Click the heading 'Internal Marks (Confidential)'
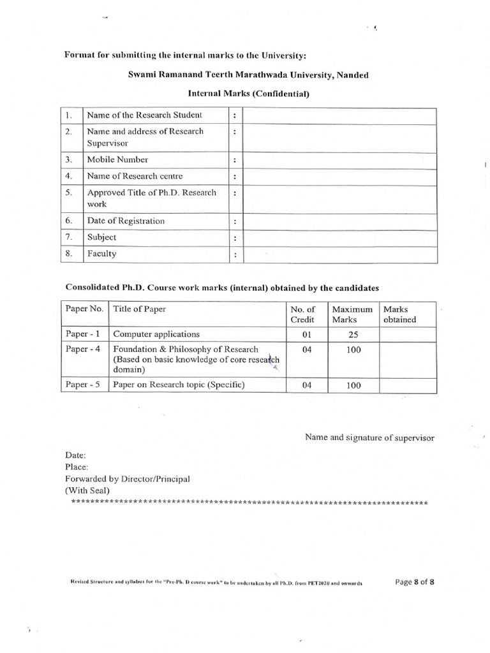pos(248,94)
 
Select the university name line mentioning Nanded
pos(248,75)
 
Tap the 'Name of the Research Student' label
pos(144,115)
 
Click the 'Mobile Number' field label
pos(117,160)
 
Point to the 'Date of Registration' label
pos(126,221)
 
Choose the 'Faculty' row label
pos(101,254)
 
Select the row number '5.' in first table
pos(71,192)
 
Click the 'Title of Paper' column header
pos(140,309)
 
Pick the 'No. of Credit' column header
pos(303,314)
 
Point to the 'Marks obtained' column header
pos(399,314)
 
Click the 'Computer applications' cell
pos(156,334)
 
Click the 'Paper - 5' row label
pos(84,385)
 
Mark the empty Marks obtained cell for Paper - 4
pos(408,360)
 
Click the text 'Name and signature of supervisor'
pos(369,438)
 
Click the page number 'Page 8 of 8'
pos(415,582)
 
